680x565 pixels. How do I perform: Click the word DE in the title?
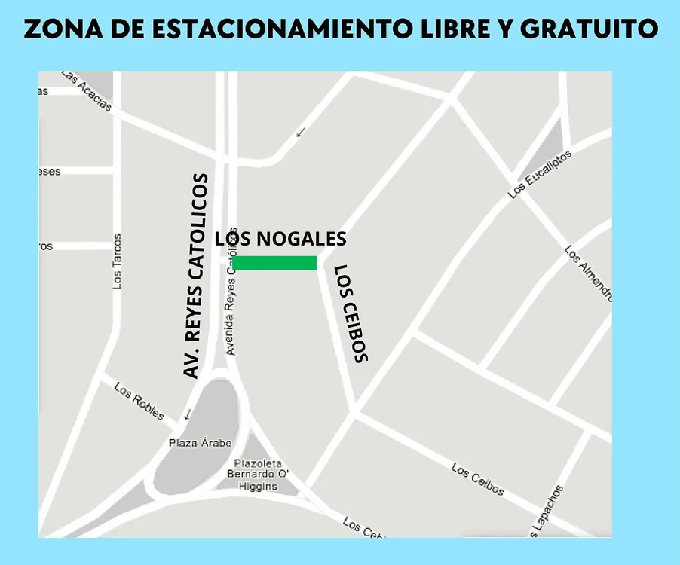click(128, 29)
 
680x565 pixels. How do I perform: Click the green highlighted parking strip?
click(275, 263)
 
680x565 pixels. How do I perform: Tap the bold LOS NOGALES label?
click(280, 239)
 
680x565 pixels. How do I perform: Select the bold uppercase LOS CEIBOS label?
click(351, 313)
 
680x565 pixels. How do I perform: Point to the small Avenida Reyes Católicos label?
click(231, 302)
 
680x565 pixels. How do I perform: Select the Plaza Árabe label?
click(200, 443)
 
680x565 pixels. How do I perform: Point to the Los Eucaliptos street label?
click(540, 174)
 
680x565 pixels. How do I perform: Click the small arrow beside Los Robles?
click(186, 414)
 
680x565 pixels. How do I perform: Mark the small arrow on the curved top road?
click(301, 132)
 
